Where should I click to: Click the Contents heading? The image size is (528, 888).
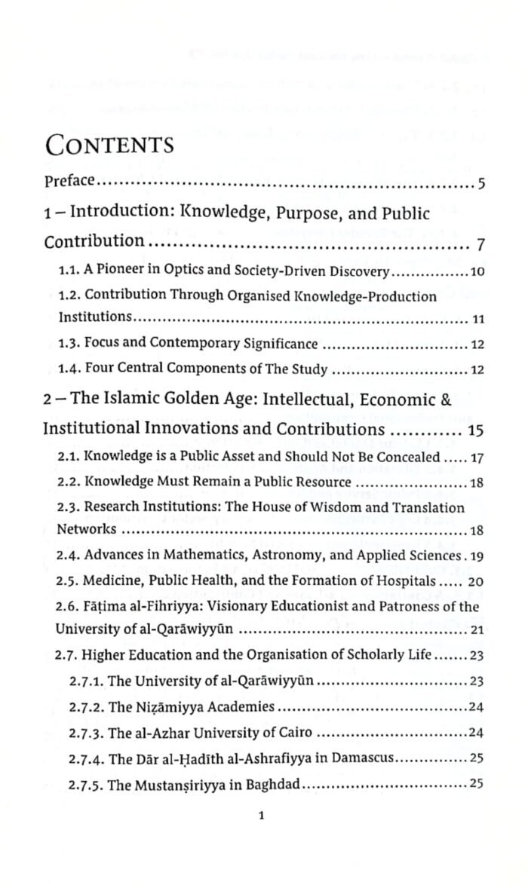click(109, 145)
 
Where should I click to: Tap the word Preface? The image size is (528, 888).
click(69, 181)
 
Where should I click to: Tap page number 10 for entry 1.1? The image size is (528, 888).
click(476, 272)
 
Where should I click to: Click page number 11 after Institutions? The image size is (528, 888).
click(477, 320)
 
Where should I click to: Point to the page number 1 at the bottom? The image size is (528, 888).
click(259, 815)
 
